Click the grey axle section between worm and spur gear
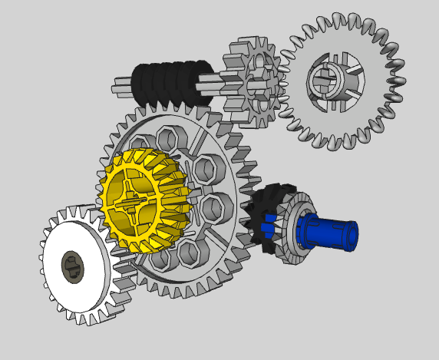[213, 79]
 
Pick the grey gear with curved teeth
[342, 81]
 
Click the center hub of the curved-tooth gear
[328, 79]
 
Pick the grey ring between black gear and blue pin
[292, 230]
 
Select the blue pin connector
[326, 231]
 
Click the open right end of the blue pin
[352, 236]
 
